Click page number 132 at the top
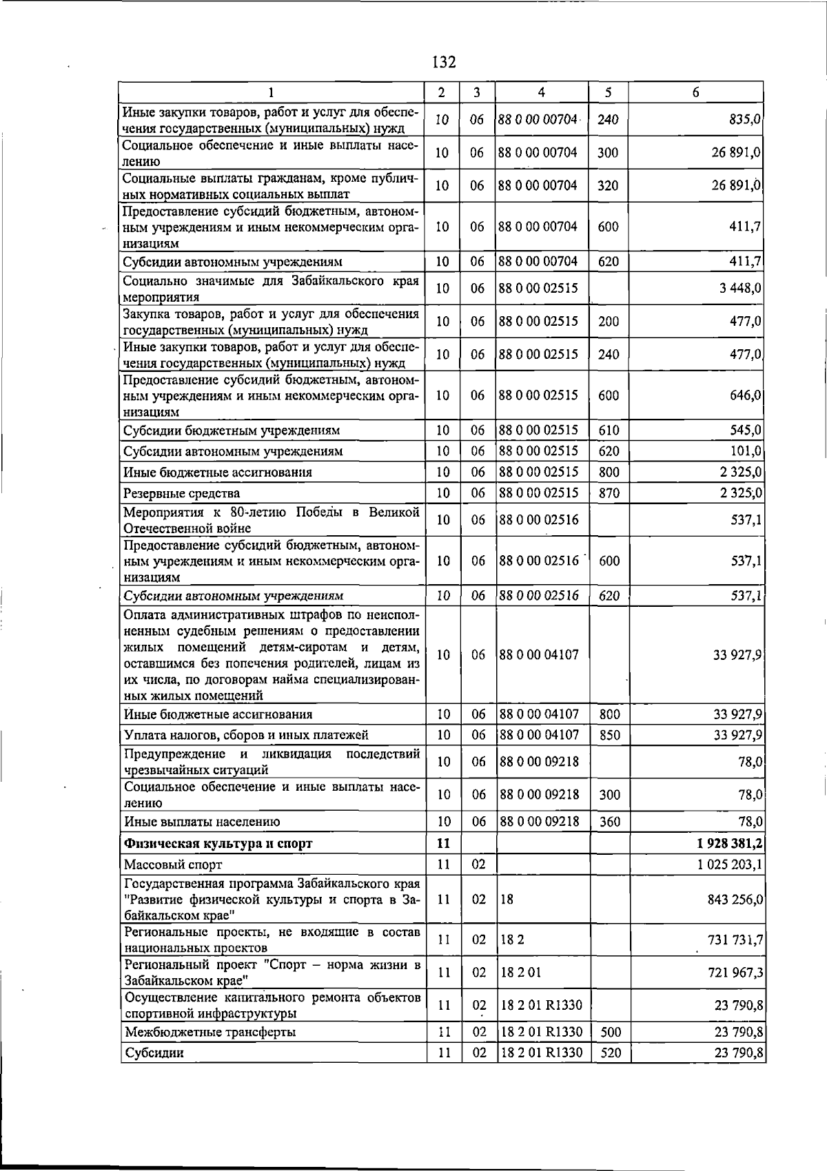(444, 63)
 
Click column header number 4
(542, 92)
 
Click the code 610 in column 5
(609, 431)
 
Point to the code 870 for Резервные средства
(609, 493)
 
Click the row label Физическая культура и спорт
(218, 843)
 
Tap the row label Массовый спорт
(173, 864)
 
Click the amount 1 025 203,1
(729, 864)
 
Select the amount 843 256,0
(735, 900)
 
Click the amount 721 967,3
(735, 973)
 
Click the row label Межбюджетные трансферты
(210, 1032)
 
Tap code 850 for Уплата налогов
(609, 735)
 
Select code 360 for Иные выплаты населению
(609, 822)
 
